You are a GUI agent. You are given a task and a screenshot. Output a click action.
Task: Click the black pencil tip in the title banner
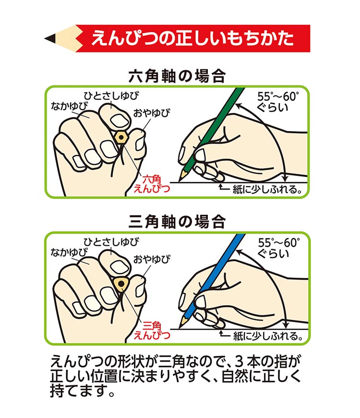pos(50,38)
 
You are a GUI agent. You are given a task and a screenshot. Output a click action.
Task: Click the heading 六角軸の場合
pos(177,76)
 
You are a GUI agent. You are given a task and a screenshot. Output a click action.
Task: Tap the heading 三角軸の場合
pos(177,222)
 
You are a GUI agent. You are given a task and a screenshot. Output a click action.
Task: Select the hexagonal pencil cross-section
pos(121,137)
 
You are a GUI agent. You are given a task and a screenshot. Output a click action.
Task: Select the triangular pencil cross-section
pos(121,283)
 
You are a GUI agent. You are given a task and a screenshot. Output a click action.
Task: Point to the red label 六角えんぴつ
pos(152,184)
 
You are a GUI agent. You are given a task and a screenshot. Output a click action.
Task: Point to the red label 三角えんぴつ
pos(152,330)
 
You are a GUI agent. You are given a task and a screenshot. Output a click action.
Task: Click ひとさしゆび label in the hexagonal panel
pos(111,96)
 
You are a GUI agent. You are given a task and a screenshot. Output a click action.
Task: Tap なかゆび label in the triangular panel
pos(69,252)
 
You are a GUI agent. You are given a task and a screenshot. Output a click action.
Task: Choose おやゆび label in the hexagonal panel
pos(152,113)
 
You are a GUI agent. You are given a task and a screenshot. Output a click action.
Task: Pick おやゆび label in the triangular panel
pos(152,259)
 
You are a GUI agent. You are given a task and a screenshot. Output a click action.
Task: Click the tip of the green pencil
pos(180,181)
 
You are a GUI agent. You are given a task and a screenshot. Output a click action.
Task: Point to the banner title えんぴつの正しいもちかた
pos(192,38)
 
